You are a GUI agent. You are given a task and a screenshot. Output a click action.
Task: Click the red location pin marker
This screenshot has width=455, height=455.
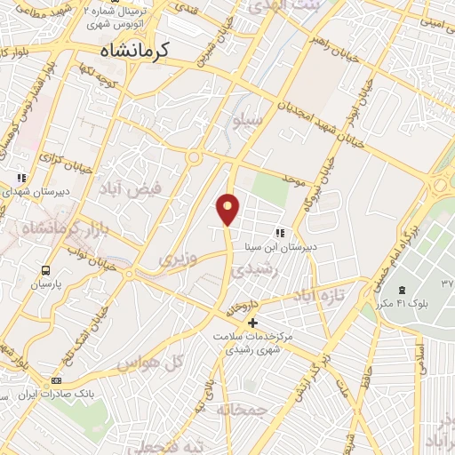tap(228, 208)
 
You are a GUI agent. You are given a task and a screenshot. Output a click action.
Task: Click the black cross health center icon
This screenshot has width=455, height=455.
tap(253, 323)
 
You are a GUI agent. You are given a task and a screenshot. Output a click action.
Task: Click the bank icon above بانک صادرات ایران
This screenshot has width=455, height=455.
tap(57, 380)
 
